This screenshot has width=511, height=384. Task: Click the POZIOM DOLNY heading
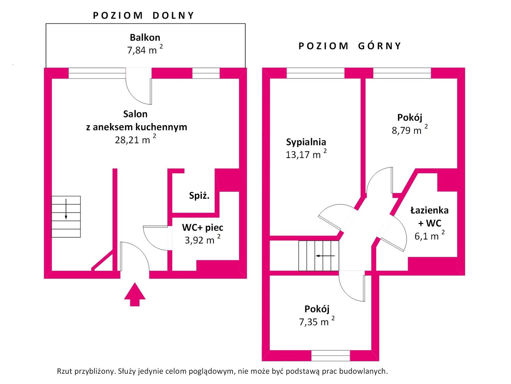(x=143, y=16)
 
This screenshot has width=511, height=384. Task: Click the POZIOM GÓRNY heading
(x=349, y=46)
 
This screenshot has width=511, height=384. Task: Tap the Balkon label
(x=145, y=37)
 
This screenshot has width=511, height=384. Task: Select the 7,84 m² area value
(x=145, y=50)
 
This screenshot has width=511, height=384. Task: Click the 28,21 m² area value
(x=135, y=140)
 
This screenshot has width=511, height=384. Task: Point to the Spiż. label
(x=199, y=196)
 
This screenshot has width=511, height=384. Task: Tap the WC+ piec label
(x=202, y=228)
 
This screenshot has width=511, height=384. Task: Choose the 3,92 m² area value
(x=202, y=240)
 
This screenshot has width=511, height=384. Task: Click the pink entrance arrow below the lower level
(x=135, y=294)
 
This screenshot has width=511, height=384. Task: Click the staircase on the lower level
(x=66, y=217)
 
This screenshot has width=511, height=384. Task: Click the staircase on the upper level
(x=318, y=256)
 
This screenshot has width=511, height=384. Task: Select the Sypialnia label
(x=306, y=142)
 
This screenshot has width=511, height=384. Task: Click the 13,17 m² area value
(x=306, y=155)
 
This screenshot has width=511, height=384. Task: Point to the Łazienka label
(x=429, y=210)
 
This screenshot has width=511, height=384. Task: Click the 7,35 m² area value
(x=317, y=322)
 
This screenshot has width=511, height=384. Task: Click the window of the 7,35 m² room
(x=331, y=356)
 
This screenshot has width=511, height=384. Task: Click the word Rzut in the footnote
(x=64, y=371)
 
